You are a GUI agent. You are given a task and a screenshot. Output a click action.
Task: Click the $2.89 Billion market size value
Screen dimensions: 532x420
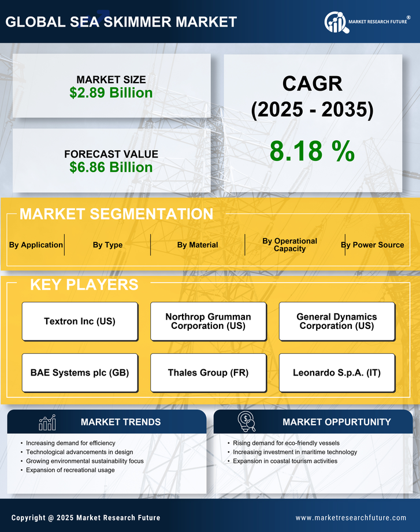[x=111, y=93]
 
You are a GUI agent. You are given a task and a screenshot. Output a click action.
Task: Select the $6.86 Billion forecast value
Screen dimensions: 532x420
[x=111, y=167]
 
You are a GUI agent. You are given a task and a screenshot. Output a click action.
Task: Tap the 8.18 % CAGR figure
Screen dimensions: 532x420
[x=312, y=151]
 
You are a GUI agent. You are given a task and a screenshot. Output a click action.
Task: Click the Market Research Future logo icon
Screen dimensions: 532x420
[x=336, y=22]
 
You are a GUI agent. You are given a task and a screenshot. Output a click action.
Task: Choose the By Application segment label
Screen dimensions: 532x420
[x=36, y=245]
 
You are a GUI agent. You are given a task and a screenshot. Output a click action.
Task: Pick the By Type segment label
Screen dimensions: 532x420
[x=107, y=245]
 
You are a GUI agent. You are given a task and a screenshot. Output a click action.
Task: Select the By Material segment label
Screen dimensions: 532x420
[x=198, y=245]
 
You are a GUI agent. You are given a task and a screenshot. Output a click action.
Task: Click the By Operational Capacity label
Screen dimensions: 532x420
[x=289, y=245]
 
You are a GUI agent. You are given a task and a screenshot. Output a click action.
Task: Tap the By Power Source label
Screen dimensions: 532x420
[x=373, y=245]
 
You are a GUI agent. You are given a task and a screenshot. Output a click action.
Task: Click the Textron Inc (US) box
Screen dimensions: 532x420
[x=80, y=321]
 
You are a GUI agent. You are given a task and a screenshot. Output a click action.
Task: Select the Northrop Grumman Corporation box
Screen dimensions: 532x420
[x=208, y=321]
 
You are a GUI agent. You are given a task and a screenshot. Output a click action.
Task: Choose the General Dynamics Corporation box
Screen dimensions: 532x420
[x=337, y=321]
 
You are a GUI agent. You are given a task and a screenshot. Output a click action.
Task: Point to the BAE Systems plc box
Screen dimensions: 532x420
[x=80, y=373]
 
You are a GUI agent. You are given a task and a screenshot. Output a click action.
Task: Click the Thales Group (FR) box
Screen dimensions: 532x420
[x=208, y=373]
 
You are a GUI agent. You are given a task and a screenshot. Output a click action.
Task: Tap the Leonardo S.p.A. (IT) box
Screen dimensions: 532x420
[x=337, y=373]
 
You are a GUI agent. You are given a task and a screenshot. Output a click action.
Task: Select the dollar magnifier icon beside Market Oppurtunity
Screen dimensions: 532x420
[x=247, y=422]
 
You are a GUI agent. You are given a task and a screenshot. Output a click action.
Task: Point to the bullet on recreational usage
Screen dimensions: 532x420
[x=70, y=470]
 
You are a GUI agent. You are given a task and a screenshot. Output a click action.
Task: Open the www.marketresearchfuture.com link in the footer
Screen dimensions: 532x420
[x=351, y=518]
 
